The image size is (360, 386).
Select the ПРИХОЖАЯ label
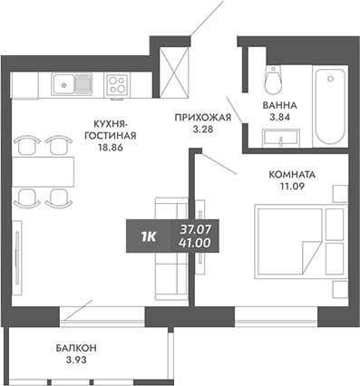click(204, 117)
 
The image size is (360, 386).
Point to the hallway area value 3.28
click(204, 130)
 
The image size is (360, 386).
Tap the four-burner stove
click(117, 85)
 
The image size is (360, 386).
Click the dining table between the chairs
click(44, 169)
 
